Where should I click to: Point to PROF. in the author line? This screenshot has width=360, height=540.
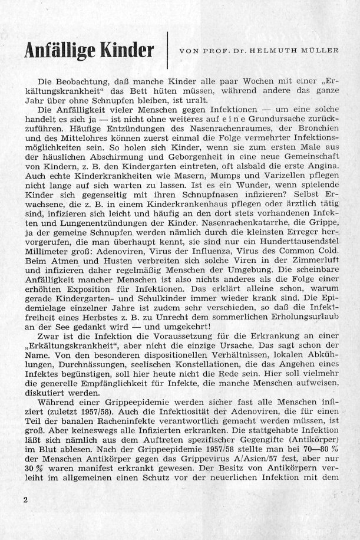click(210, 50)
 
